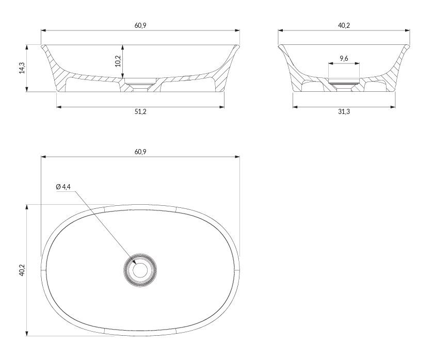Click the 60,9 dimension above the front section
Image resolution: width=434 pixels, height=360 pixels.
(140, 25)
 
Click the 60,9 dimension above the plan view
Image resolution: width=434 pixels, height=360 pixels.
(140, 152)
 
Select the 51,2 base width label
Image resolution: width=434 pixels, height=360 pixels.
(140, 112)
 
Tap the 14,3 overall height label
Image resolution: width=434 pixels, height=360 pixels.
(22, 68)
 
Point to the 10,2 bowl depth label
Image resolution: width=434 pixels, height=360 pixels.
(118, 61)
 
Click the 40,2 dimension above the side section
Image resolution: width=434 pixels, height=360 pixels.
(344, 25)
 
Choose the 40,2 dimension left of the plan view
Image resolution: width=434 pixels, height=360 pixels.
(22, 270)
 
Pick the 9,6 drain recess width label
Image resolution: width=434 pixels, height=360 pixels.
(344, 58)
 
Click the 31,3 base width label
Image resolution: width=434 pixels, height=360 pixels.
(344, 112)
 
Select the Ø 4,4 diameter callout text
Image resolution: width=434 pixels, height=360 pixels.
(63, 187)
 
